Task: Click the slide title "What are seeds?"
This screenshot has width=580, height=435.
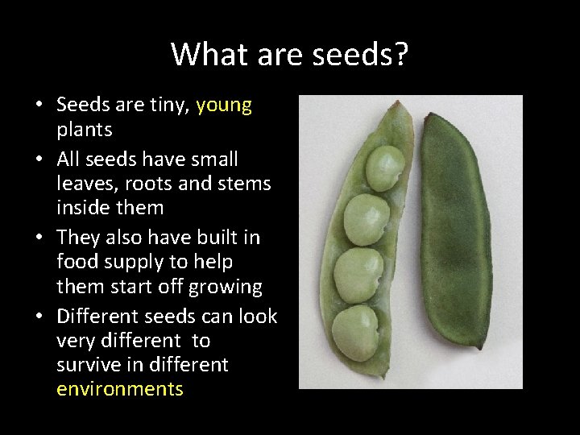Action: (x=290, y=54)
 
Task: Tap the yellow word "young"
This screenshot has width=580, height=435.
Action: (x=224, y=105)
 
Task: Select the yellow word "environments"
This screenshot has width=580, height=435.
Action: (x=120, y=389)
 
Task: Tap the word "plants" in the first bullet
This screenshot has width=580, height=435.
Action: (x=85, y=130)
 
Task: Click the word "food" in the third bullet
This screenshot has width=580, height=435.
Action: (x=76, y=262)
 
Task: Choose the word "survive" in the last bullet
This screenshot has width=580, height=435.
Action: (x=85, y=364)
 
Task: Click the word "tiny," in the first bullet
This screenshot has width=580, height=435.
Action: (x=164, y=105)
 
